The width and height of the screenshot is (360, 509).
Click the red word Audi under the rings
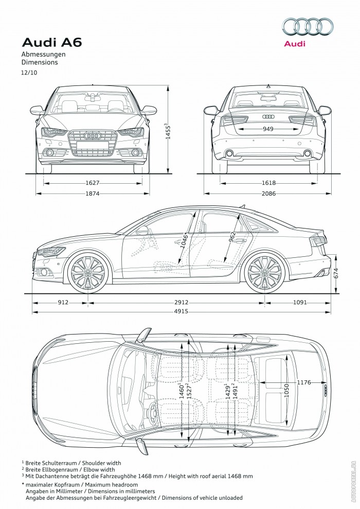(295, 44)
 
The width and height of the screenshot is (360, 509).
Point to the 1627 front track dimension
(93, 183)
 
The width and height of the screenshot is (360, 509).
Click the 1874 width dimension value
(93, 194)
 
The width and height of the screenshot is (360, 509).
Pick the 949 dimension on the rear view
(268, 129)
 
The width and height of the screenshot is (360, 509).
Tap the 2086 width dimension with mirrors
(268, 194)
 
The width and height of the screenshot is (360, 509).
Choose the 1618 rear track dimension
(268, 183)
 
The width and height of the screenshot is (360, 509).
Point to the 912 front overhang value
(62, 303)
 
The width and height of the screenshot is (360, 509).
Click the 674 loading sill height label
(336, 274)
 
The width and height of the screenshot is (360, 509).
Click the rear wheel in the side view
(264, 272)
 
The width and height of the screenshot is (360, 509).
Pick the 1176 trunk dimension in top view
(304, 382)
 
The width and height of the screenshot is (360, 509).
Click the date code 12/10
(29, 73)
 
